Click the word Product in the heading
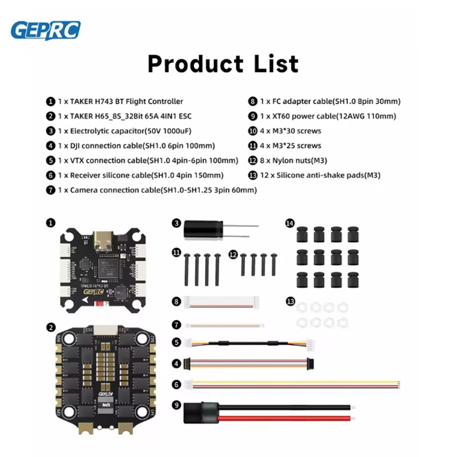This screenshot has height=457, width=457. tap(195, 63)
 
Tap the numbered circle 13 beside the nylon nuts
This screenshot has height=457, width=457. tap(290, 300)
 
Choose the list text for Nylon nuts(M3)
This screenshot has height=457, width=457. tap(294, 161)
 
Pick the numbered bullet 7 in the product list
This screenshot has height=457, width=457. tap(51, 190)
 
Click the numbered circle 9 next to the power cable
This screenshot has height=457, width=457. tap(178, 405)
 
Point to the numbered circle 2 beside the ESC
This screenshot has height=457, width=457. tap(51, 327)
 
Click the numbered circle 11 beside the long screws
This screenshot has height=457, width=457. tap(177, 252)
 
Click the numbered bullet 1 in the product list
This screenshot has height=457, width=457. tap(51, 101)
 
